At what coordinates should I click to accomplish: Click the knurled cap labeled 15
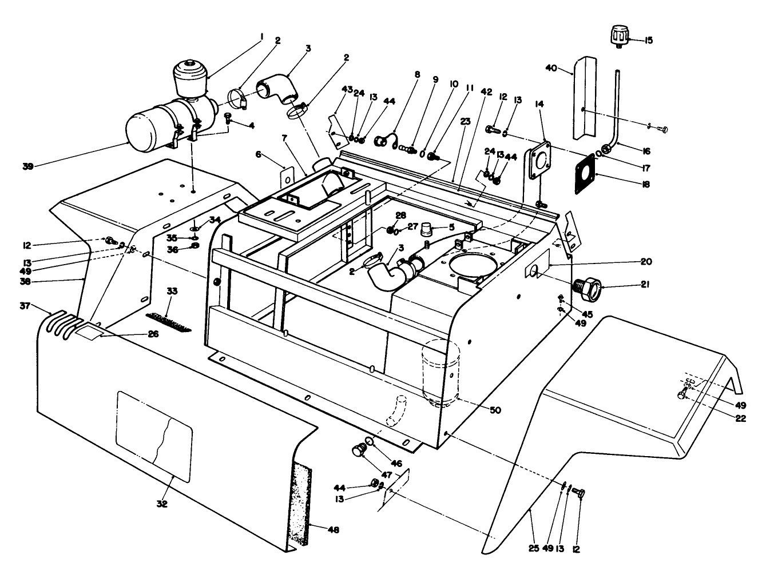point(618,37)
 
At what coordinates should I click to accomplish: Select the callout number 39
point(28,166)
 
